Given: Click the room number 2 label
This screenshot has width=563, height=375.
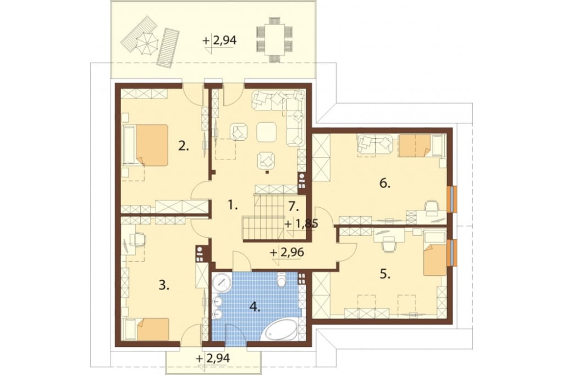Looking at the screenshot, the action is [x=184, y=146].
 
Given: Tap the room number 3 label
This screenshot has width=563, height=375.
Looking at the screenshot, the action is [x=163, y=285].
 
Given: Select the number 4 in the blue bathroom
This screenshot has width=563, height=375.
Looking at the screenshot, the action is [x=254, y=307].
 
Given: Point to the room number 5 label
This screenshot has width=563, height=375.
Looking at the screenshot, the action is [x=385, y=275].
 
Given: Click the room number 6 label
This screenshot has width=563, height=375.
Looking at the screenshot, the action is [x=385, y=184].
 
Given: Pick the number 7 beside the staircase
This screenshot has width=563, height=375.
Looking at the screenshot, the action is [x=294, y=207].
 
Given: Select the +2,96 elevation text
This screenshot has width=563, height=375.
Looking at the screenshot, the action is [x=287, y=252].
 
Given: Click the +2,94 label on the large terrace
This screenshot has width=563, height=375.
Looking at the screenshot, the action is [x=220, y=41].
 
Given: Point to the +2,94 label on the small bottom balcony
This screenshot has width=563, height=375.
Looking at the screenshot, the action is [x=213, y=358].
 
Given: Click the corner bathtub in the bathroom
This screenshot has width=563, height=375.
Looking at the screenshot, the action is [x=282, y=328].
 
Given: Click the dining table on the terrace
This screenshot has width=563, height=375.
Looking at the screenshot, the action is [x=274, y=39].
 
